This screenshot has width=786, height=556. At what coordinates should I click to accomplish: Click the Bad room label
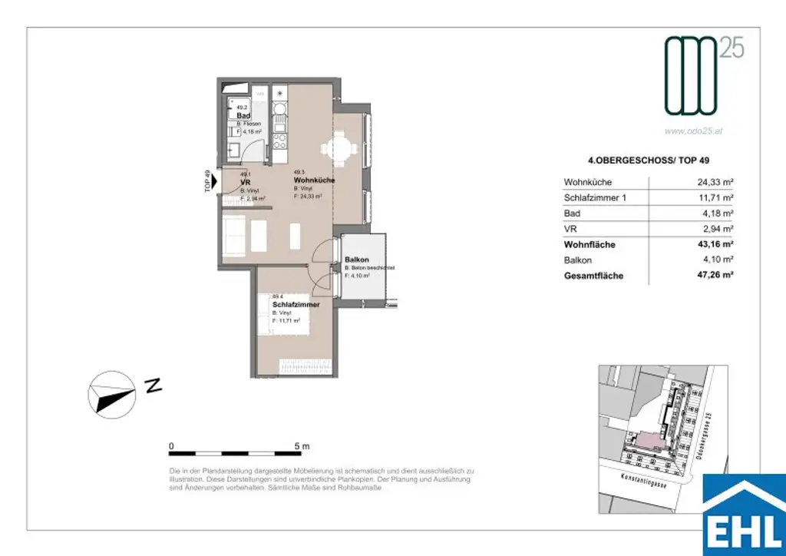(x=243, y=116)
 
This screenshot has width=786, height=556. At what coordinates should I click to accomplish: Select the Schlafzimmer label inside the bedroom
(x=296, y=305)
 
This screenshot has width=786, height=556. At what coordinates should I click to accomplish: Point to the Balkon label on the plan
(x=357, y=260)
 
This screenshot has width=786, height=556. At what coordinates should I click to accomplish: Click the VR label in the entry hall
(x=245, y=182)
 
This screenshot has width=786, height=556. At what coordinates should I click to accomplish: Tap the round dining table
(x=342, y=149)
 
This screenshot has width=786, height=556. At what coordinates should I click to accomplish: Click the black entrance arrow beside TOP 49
(x=214, y=182)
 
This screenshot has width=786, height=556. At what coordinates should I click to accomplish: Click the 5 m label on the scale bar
(x=301, y=446)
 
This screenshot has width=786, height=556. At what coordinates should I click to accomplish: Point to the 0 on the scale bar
(x=171, y=446)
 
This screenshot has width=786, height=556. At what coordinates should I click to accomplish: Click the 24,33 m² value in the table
(x=713, y=183)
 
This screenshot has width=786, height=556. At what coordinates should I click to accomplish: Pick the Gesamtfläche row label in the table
(x=593, y=276)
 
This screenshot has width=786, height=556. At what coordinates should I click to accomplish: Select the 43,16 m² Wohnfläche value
(x=713, y=245)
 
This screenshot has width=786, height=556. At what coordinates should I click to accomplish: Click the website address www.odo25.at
(x=693, y=131)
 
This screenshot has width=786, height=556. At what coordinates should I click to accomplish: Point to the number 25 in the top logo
(x=731, y=48)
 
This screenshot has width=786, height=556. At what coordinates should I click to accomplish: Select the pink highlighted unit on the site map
(x=649, y=440)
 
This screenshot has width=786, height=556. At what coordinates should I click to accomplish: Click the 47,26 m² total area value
(x=713, y=276)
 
